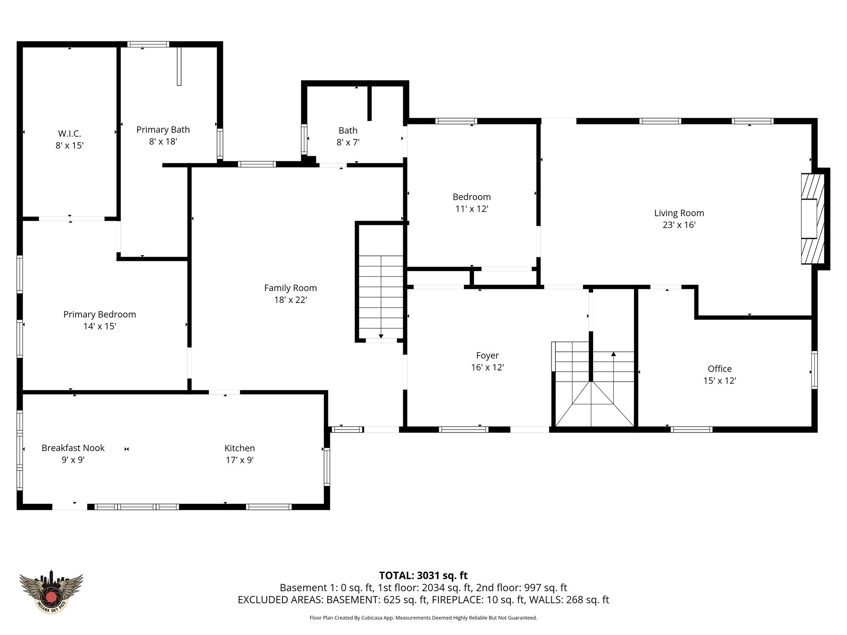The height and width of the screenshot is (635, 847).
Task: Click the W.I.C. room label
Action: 69,134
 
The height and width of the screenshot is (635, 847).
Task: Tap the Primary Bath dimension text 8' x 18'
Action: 163,141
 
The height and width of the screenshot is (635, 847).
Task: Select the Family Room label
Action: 290,288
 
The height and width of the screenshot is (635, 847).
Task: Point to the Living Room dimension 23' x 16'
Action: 679,225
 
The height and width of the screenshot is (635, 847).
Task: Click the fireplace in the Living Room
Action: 812,219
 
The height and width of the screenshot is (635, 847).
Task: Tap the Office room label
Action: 720,369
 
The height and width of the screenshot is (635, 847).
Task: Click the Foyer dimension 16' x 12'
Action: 487,367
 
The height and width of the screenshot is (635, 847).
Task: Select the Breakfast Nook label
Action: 73,448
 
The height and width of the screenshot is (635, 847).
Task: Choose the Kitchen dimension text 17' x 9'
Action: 239,460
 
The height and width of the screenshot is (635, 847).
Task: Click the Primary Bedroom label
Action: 99,314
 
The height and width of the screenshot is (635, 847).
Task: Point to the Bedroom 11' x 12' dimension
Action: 471,209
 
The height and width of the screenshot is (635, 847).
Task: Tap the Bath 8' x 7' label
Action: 348,131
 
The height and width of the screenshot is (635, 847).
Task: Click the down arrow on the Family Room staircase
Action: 381,336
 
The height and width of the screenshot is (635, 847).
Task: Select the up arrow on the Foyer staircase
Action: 613,354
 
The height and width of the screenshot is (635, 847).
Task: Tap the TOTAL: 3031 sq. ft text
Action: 423,575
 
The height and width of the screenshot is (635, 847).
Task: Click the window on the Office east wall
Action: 814,370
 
